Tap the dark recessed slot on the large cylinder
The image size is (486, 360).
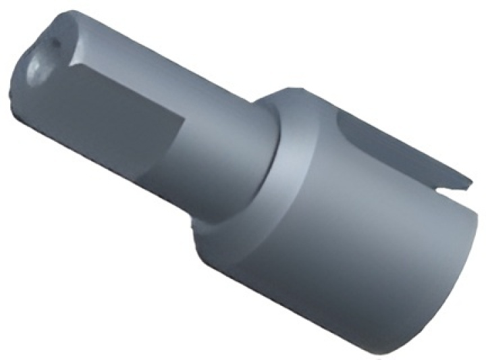tap(391, 145)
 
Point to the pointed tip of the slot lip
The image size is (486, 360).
tap(468, 181)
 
